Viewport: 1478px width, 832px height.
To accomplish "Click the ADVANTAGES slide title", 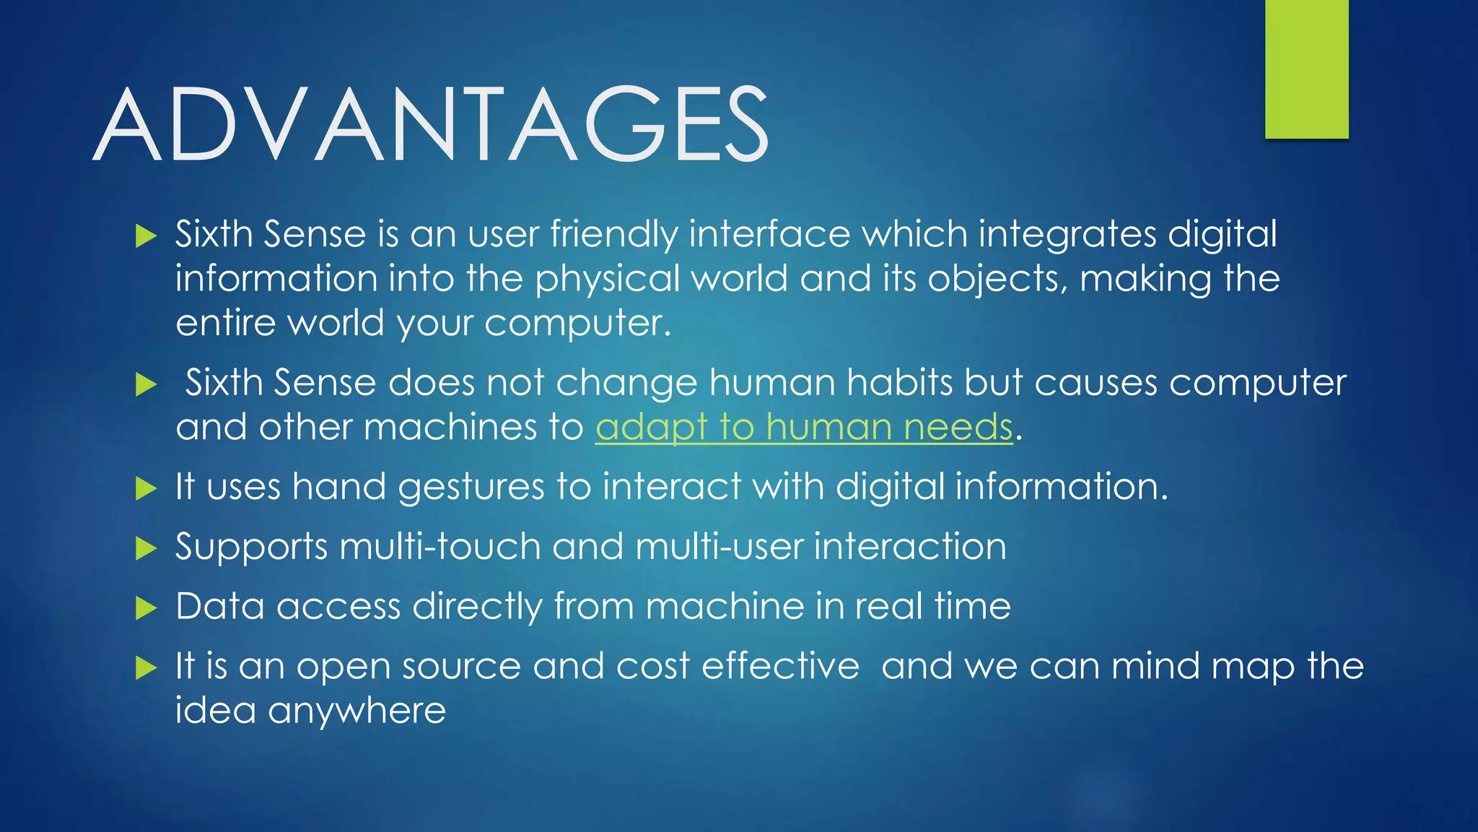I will coord(431,124).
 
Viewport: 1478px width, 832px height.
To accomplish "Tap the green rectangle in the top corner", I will coord(1306,69).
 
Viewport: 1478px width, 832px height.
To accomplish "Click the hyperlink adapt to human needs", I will coord(804,427).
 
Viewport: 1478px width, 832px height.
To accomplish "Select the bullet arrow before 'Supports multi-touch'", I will coord(146,548).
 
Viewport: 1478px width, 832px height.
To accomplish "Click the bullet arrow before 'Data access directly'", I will coord(146,608).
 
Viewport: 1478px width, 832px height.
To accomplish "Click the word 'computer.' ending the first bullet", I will coord(577,323).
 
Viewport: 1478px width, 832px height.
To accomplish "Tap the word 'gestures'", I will coord(471,487).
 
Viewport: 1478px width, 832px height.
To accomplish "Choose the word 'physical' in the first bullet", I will coord(607,279).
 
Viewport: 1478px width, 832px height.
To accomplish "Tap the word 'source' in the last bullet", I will coord(461,666).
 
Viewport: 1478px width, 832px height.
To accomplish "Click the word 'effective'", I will coord(780,666).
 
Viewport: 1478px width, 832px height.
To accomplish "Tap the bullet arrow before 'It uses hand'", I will coord(146,489).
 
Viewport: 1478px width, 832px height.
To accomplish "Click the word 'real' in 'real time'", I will coord(888,606).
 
